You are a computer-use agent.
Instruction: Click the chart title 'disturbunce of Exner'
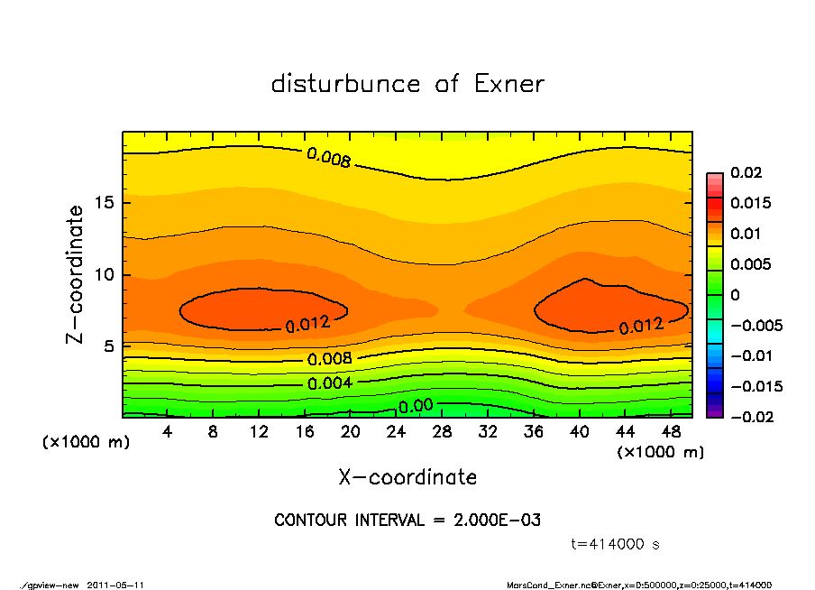tap(407, 84)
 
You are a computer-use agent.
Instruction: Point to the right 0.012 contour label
tap(641, 325)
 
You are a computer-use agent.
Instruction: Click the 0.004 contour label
tap(329, 383)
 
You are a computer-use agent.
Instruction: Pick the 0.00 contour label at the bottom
tap(416, 406)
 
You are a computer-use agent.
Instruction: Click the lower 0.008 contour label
tap(329, 359)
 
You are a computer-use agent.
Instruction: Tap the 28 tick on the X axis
tap(443, 432)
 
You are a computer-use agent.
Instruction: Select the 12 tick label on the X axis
tap(259, 432)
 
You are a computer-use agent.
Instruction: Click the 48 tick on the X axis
tap(672, 432)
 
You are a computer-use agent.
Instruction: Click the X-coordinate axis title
tap(407, 477)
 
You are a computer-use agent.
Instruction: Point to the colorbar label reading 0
tap(735, 294)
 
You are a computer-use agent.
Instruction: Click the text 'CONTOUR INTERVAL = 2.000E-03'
tap(407, 521)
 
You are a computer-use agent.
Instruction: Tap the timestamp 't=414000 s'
tap(616, 544)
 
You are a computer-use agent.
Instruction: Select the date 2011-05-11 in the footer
tap(116, 585)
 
